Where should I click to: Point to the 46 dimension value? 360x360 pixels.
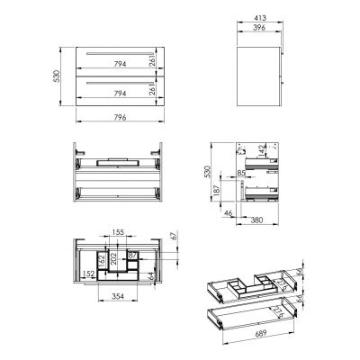(x=229, y=214)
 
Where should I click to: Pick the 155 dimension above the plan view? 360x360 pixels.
(x=120, y=231)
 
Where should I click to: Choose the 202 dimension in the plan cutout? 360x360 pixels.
(x=114, y=259)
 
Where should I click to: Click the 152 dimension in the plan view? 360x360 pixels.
(x=88, y=274)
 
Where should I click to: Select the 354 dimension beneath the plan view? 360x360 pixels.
(x=119, y=296)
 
